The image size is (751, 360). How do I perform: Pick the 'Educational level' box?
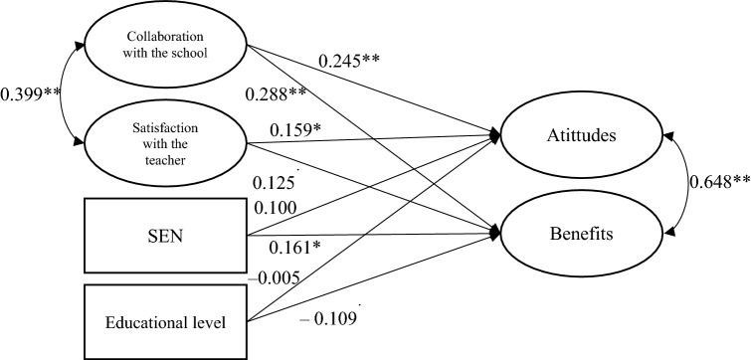click(x=161, y=320)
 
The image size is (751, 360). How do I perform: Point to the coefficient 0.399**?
click(x=32, y=99)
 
